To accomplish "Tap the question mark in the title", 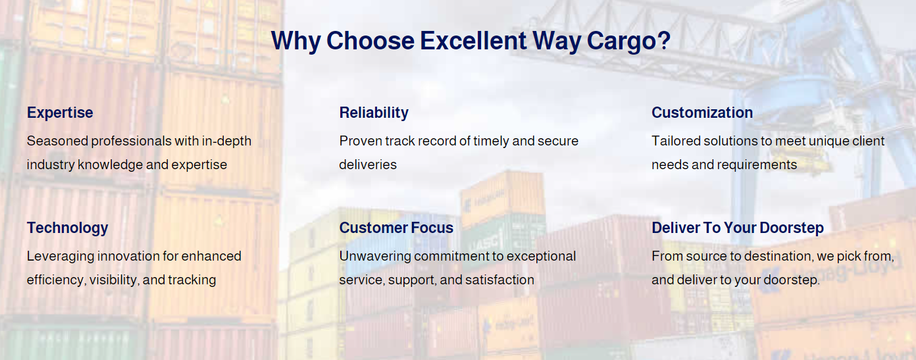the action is pyautogui.click(x=664, y=39).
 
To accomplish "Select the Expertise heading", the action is pyautogui.click(x=60, y=113).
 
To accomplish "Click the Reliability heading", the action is pyautogui.click(x=374, y=113).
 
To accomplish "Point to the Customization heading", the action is pyautogui.click(x=702, y=113).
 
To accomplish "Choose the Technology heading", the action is pyautogui.click(x=68, y=228).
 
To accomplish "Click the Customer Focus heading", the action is pyautogui.click(x=396, y=228).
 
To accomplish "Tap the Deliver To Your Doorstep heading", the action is pyautogui.click(x=738, y=228).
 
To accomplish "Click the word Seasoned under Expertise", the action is pyautogui.click(x=57, y=141).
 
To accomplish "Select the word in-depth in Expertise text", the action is pyautogui.click(x=226, y=141).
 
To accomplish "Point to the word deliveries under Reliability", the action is pyautogui.click(x=368, y=165).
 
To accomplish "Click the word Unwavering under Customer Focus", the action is pyautogui.click(x=375, y=257).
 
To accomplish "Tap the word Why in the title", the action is pyautogui.click(x=295, y=41).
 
